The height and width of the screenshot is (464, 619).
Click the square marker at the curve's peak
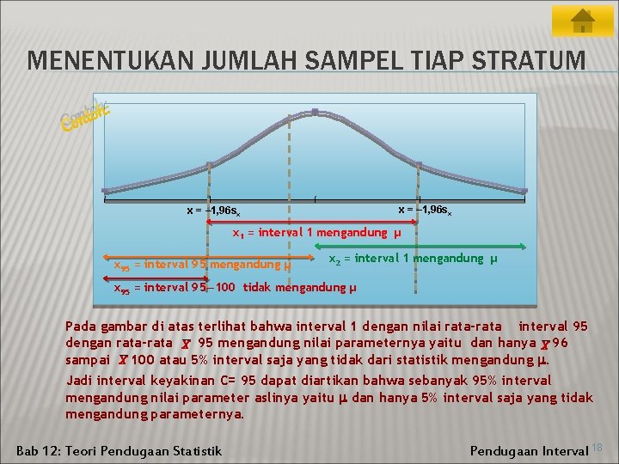[315, 112]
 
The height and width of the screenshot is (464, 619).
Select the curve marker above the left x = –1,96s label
[210, 163]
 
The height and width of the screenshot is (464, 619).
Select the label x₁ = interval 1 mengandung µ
[317, 232]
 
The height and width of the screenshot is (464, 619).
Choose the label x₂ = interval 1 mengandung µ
[413, 259]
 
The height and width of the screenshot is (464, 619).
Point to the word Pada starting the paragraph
[82, 326]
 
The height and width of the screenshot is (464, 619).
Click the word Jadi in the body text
[80, 380]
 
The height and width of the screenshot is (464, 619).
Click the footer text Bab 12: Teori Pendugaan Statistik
[120, 450]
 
